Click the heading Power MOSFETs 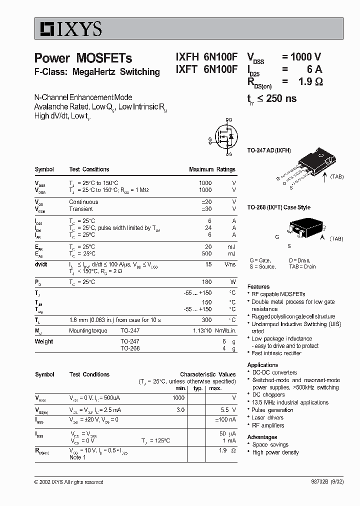click(x=83, y=58)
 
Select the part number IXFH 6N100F click(x=206, y=58)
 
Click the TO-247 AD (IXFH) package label click(x=269, y=150)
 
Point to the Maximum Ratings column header click(x=212, y=169)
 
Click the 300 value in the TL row click(x=206, y=319)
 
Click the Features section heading click(x=258, y=286)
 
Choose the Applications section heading click(x=262, y=365)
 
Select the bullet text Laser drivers click(x=267, y=417)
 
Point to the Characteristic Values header click(x=207, y=374)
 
